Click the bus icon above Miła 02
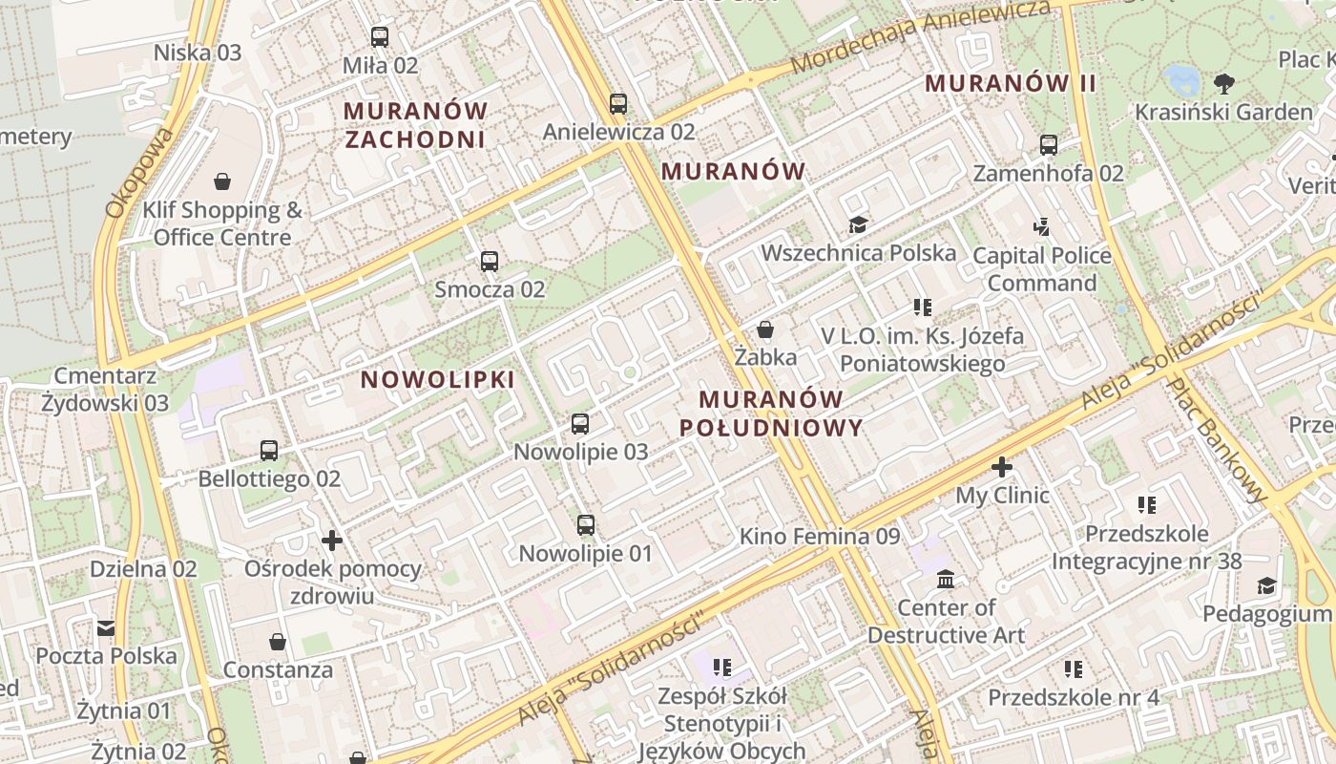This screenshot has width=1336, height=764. click(x=380, y=37)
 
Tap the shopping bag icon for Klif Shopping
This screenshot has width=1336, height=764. click(x=222, y=181)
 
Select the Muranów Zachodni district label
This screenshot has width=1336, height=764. click(x=415, y=125)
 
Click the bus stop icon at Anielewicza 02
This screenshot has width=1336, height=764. click(x=618, y=103)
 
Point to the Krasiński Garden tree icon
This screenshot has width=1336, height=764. click(x=1223, y=84)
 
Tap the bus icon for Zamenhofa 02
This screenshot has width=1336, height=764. click(x=1049, y=145)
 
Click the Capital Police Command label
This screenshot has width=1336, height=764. click(x=1042, y=269)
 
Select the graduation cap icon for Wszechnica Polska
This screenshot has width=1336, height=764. click(x=858, y=225)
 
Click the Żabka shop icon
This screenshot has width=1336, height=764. click(x=765, y=330)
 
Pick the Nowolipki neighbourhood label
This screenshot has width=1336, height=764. click(x=437, y=379)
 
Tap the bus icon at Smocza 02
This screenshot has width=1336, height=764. click(x=490, y=261)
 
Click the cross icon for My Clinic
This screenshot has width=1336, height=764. click(x=1001, y=467)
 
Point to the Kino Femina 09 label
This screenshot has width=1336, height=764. click(x=820, y=537)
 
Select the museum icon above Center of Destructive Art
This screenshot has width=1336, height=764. click(x=946, y=580)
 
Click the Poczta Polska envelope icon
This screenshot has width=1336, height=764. click(x=106, y=627)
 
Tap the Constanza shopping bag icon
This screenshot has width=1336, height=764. click(x=278, y=641)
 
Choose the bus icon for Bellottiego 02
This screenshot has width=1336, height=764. click(x=269, y=450)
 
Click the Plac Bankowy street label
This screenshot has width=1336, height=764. click(x=1217, y=439)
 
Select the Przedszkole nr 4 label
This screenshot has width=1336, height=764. click(x=1073, y=697)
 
